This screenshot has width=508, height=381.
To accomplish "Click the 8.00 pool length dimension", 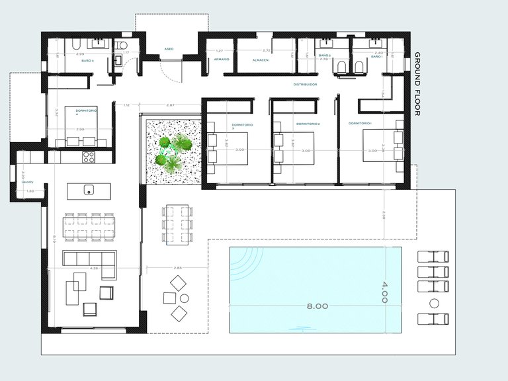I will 317,306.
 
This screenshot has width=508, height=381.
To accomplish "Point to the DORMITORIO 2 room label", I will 308,124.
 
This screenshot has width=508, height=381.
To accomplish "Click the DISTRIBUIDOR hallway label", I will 306,85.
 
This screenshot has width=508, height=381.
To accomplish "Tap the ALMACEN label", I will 259,60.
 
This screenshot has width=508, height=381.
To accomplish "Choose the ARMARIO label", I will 221,60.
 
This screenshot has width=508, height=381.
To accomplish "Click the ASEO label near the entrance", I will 169,49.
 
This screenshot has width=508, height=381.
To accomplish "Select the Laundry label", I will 26,183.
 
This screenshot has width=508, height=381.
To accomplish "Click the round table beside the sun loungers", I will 434,304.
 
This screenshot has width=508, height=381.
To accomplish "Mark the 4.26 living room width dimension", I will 93,269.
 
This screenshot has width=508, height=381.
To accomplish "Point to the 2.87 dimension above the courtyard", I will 170,105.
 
